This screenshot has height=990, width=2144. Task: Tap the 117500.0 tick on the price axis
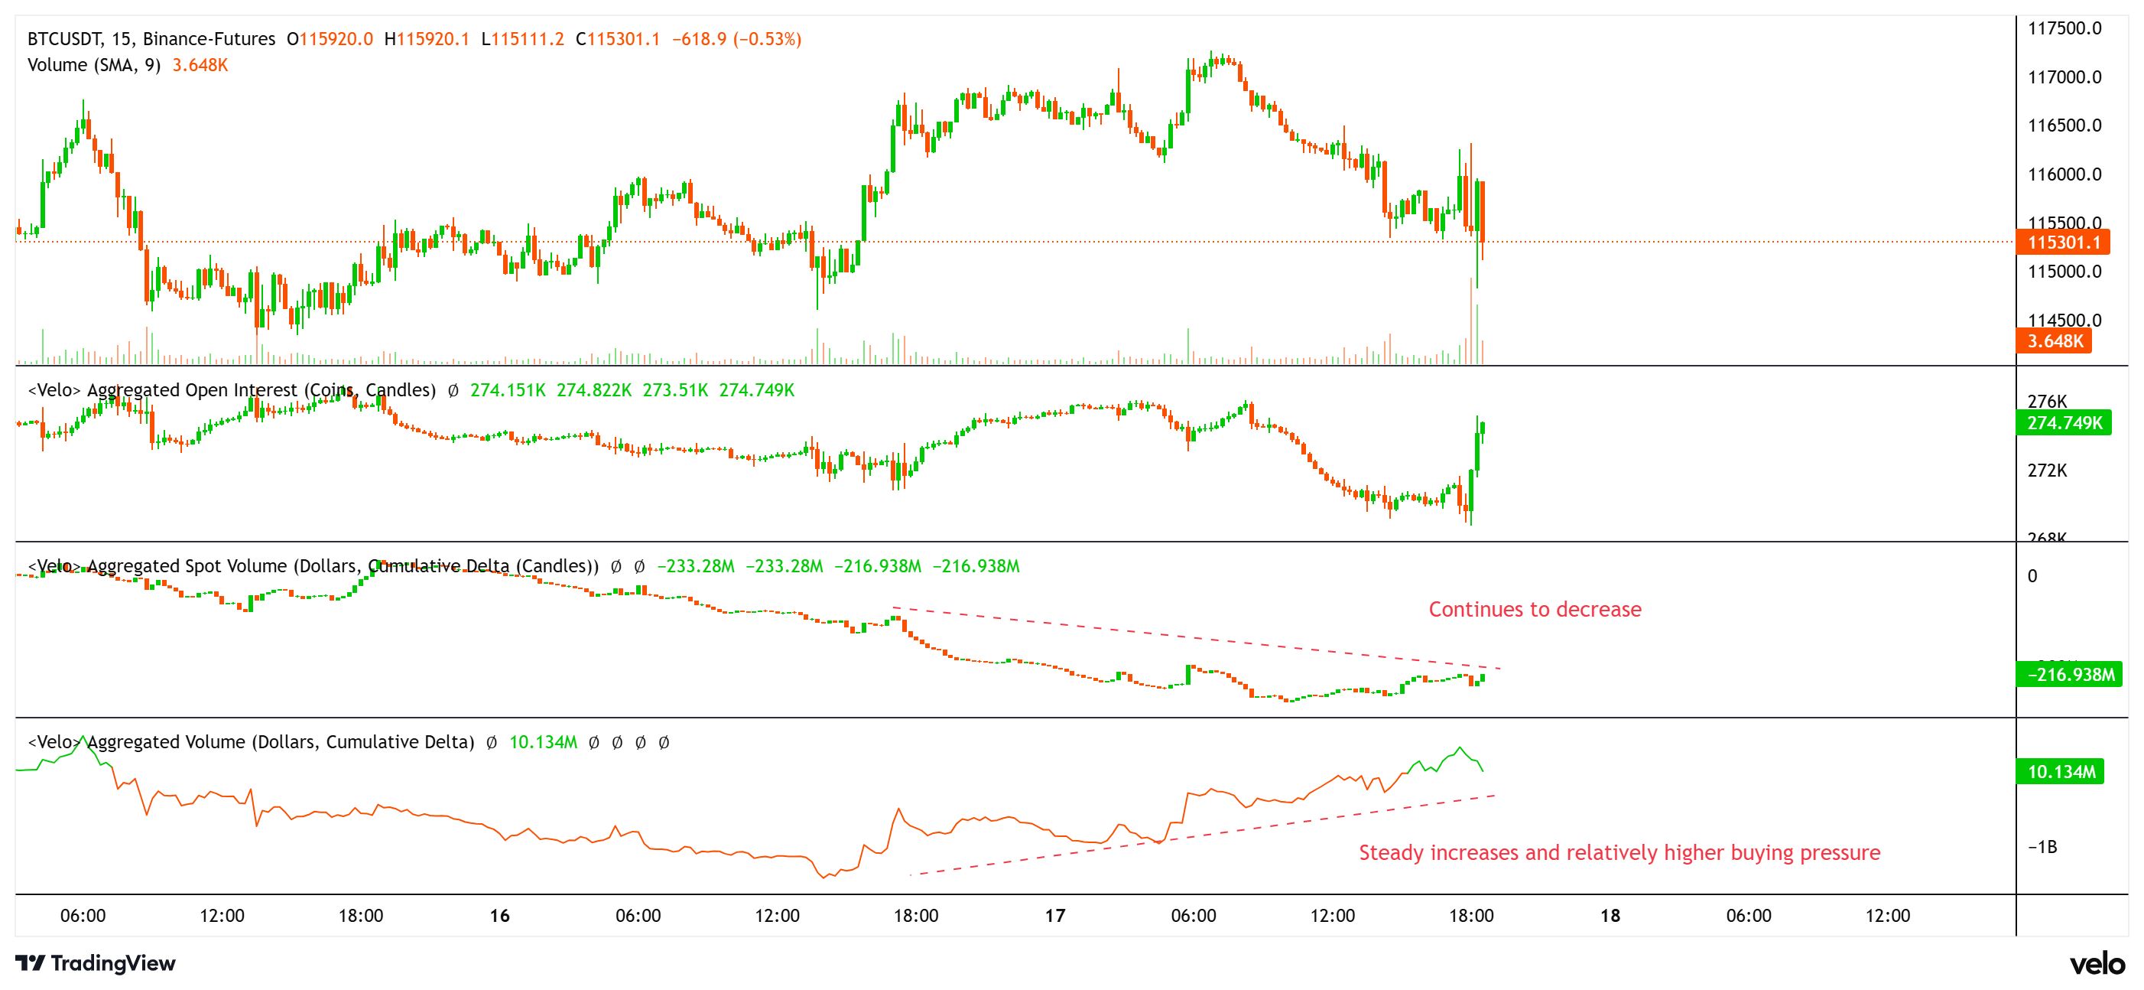point(2064,28)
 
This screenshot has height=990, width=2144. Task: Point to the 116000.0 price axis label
point(2064,174)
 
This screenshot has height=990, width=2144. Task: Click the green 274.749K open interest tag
point(2064,423)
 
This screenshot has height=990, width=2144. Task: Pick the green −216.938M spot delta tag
point(2070,675)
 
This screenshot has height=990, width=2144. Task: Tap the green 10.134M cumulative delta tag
point(2061,772)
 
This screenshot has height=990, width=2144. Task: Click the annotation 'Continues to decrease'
point(1535,610)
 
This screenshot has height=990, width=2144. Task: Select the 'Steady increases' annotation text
point(1619,852)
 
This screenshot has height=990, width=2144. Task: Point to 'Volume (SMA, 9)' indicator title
point(93,65)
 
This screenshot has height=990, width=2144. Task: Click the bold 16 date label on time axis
point(499,916)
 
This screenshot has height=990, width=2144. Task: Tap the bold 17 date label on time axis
point(1054,916)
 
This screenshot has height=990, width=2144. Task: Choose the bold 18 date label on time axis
point(1610,916)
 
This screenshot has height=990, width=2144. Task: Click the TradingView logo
point(96,963)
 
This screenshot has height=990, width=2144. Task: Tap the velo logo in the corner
point(2097,964)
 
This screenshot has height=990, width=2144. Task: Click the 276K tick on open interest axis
point(2047,402)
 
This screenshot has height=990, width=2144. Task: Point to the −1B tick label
point(2042,847)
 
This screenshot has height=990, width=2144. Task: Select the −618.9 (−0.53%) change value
point(736,39)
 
